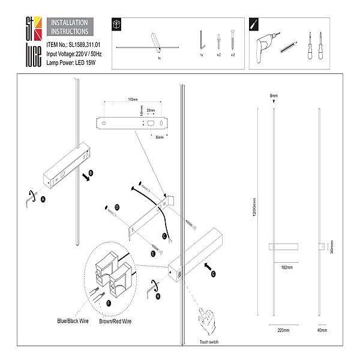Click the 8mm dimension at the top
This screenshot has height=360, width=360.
pyautogui.click(x=274, y=96)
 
